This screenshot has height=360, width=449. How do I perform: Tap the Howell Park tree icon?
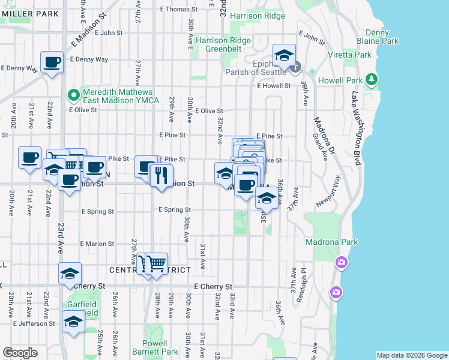pyautogui.click(x=372, y=79)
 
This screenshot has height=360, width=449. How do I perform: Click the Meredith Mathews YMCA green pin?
pyautogui.click(x=73, y=95)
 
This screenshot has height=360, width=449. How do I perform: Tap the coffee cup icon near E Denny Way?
pyautogui.click(x=52, y=62)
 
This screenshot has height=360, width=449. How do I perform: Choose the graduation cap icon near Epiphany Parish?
pyautogui.click(x=283, y=56)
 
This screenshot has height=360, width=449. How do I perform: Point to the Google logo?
pyautogui.click(x=20, y=353)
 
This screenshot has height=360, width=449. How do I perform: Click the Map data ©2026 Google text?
pyautogui.click(x=412, y=355)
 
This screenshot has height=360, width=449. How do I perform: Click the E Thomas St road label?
pyautogui.click(x=179, y=9)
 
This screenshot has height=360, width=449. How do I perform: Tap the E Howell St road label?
pyautogui.click(x=274, y=86)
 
